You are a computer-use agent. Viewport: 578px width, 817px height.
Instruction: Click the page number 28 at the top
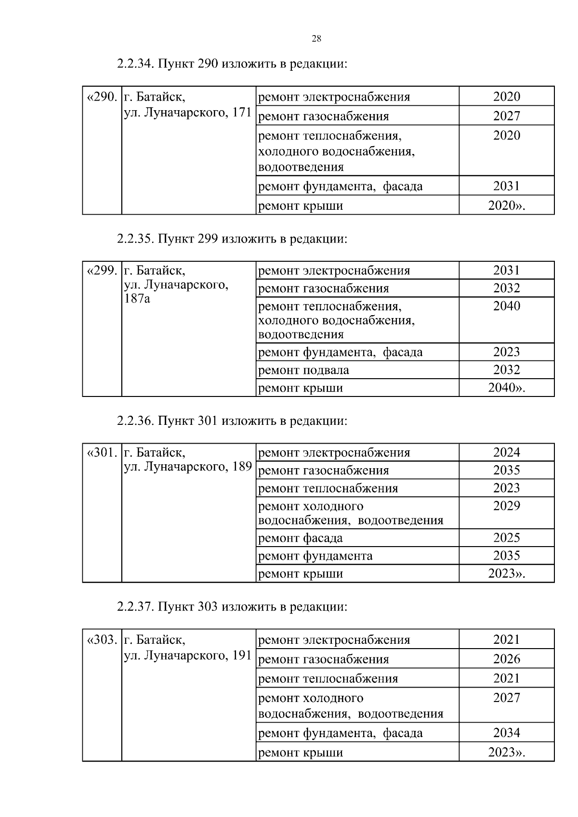pos(316,39)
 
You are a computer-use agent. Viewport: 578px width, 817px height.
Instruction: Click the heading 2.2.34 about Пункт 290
pos(232,64)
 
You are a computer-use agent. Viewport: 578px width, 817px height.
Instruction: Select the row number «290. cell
pos(102,97)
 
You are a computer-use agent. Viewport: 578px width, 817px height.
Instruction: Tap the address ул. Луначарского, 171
pos(188,112)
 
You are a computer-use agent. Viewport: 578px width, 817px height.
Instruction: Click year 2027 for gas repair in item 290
pos(506,116)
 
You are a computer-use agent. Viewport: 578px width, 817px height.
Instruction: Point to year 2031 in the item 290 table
pos(506,186)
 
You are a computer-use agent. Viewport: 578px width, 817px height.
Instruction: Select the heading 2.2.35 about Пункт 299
pos(232,238)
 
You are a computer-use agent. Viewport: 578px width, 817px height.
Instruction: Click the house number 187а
pos(137,299)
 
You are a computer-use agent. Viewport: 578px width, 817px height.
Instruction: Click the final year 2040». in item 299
pos(506,388)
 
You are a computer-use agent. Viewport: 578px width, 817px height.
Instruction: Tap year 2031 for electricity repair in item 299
pos(506,270)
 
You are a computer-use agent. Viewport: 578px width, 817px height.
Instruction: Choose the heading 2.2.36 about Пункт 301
pos(232,421)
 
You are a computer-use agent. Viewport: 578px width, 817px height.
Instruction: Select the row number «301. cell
pos(102,453)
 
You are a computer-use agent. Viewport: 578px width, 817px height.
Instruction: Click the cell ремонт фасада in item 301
pos(301,538)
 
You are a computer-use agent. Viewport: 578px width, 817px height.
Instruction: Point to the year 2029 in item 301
pos(506,506)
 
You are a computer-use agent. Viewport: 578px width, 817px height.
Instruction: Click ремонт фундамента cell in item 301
pos(315,556)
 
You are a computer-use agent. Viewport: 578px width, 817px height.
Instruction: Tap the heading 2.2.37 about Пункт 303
pos(232,606)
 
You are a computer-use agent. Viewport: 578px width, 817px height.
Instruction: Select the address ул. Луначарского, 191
pos(188,655)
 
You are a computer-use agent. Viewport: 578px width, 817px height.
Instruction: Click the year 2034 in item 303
pos(506,733)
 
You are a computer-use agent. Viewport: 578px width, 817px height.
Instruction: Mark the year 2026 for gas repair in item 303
pos(506,659)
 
